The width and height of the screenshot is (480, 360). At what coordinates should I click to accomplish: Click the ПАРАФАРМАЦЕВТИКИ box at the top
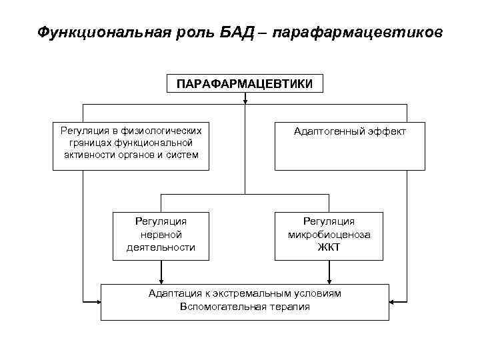[245, 84]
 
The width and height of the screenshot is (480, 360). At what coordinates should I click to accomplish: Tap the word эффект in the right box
[385, 132]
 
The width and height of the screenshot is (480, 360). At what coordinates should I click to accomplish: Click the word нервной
[161, 235]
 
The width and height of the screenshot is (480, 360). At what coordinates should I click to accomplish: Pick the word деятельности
[161, 247]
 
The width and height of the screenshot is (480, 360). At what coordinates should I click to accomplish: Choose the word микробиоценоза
[329, 235]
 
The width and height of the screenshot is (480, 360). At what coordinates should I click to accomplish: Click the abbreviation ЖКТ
[329, 247]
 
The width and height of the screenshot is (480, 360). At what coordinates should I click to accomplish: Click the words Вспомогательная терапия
[245, 307]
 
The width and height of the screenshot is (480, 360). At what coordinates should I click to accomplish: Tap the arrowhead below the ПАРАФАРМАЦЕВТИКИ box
[245, 101]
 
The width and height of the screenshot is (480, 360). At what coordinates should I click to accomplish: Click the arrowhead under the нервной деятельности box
[161, 281]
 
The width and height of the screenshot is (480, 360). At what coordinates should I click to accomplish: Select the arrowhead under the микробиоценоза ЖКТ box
[329, 281]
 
